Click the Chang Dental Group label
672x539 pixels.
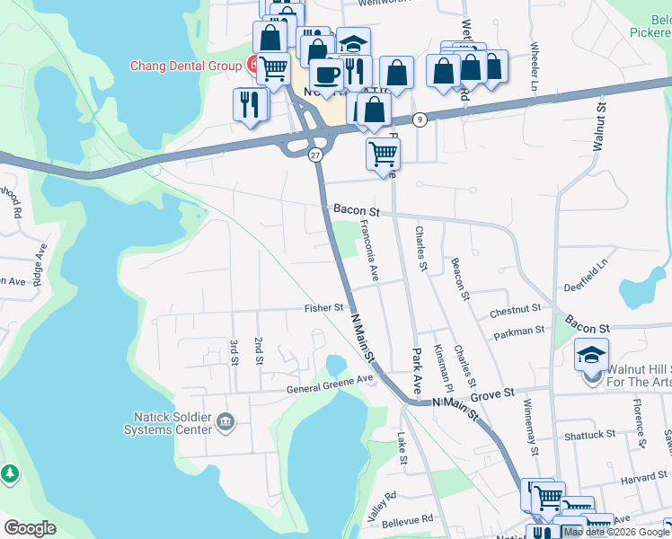click(186, 66)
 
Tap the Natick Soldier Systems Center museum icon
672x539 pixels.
click(225, 420)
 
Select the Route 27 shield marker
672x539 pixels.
click(315, 155)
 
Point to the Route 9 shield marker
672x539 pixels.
click(420, 119)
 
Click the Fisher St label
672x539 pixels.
click(324, 308)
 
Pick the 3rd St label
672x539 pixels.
click(234, 351)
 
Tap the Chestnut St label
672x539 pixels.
click(515, 309)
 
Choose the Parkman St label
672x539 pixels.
click(519, 331)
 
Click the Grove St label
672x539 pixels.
click(495, 393)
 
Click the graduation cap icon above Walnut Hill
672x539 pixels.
click(591, 357)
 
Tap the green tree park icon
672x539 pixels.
click(9, 473)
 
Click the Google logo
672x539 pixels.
click(31, 528)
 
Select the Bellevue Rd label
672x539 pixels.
click(408, 518)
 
